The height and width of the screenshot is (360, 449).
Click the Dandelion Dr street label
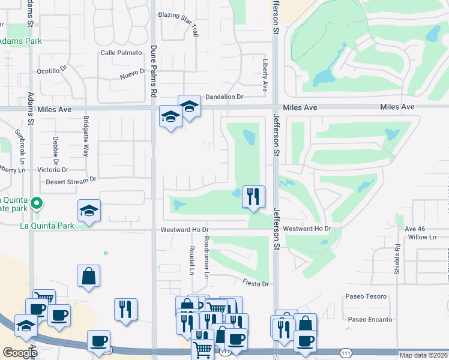point(223,97)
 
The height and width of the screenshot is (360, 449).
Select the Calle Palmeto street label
point(121,53)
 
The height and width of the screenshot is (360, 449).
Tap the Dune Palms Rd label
point(153,72)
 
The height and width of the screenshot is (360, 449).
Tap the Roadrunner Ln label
point(206,257)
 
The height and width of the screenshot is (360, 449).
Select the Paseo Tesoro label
point(366,297)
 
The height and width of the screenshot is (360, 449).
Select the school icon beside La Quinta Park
point(89,211)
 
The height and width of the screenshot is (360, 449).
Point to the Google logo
point(20,353)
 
